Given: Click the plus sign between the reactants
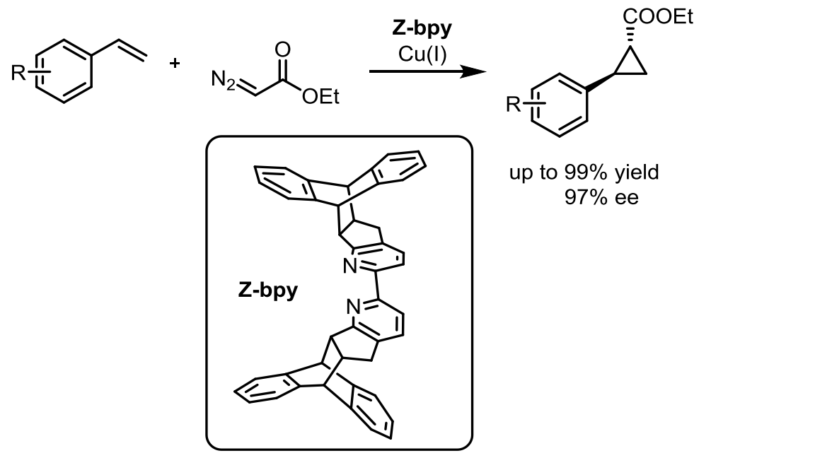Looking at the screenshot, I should pyautogui.click(x=175, y=64).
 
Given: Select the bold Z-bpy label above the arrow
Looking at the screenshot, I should pyautogui.click(x=422, y=32).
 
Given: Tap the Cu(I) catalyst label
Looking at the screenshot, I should pyautogui.click(x=422, y=54).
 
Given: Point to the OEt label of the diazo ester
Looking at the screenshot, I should pyautogui.click(x=320, y=98).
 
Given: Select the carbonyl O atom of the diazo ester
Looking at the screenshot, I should pyautogui.click(x=283, y=49).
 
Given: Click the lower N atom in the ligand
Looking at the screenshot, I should pyautogui.click(x=353, y=305).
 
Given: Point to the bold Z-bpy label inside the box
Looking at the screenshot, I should pyautogui.click(x=267, y=290).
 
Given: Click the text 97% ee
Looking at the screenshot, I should pyautogui.click(x=601, y=197).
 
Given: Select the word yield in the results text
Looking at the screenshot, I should pyautogui.click(x=634, y=173).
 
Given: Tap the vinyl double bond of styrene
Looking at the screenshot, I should pyautogui.click(x=131, y=49).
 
